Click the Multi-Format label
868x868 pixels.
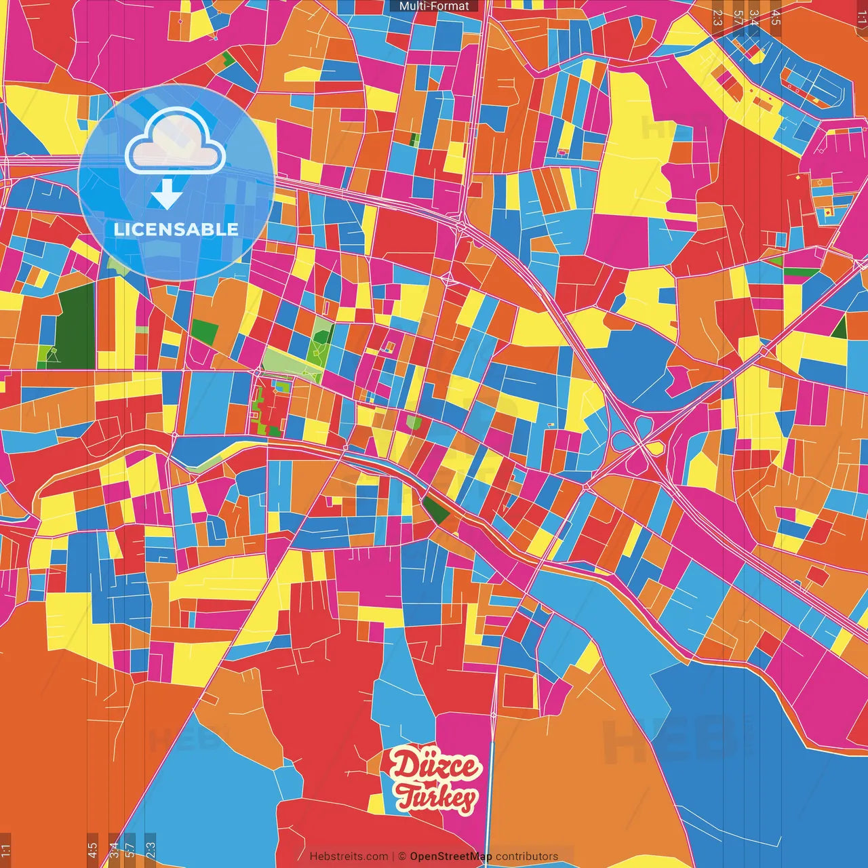coord(434,6)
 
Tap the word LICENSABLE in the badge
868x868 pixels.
coord(176,229)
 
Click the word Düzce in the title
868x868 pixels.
coord(435,767)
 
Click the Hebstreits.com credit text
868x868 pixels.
coord(349,856)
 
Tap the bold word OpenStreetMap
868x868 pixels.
coord(451,856)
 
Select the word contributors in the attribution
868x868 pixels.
coord(527,856)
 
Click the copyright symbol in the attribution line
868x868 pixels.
coord(401,856)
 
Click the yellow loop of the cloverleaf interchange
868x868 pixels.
coord(655,448)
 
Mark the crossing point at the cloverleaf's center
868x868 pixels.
coord(640,445)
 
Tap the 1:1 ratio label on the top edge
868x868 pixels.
coord(861,16)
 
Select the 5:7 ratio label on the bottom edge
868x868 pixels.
coord(130,850)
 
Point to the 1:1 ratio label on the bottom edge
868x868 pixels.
coord(6,850)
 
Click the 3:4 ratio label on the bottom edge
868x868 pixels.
coord(114,850)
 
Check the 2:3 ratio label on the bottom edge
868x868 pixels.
coord(151,850)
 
